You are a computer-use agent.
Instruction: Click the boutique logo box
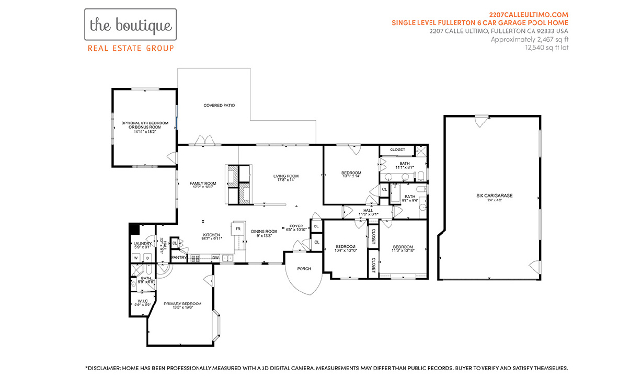[130, 25]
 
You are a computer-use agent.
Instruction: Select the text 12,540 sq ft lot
[546, 48]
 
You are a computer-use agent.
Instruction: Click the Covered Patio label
[219, 106]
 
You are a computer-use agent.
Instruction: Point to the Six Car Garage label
[494, 196]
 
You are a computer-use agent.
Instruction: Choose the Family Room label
[202, 184]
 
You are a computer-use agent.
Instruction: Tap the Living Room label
[285, 176]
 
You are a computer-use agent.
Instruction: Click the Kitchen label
[211, 235]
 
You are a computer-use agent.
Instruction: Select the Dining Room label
[263, 231]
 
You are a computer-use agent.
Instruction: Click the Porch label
[304, 269]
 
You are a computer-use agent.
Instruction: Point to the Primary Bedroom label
[182, 304]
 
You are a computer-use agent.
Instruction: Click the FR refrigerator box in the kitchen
[238, 229]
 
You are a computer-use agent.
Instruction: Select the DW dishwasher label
[215, 258]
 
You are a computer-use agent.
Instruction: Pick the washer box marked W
[135, 258]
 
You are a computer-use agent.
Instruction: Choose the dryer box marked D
[147, 258]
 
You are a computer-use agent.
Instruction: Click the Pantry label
[179, 257]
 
